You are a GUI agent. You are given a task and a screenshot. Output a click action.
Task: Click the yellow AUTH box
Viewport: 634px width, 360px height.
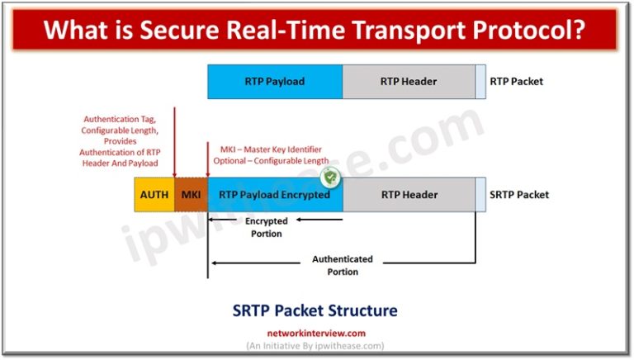tap(154, 195)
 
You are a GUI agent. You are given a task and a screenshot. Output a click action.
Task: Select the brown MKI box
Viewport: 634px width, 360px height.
tap(191, 195)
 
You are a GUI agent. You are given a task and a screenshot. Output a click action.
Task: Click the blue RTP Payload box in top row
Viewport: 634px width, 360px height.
tap(275, 82)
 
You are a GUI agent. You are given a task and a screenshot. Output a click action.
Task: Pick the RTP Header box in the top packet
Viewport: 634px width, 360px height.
tap(409, 82)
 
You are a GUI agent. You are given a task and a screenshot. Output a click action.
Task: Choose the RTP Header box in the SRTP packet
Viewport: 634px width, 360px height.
tap(409, 195)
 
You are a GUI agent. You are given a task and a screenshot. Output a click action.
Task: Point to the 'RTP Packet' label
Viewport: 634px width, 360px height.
tap(516, 82)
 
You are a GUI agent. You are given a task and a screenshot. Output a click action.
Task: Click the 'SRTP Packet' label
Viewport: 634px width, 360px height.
tap(519, 195)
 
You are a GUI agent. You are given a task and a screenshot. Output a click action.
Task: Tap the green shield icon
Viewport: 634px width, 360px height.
tap(330, 176)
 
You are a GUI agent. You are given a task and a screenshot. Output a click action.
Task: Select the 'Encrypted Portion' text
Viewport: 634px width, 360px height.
tap(266, 227)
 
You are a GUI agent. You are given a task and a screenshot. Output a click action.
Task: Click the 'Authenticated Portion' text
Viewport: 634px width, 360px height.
tap(342, 265)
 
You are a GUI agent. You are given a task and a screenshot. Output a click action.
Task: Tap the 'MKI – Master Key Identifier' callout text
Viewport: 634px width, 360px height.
tap(268, 154)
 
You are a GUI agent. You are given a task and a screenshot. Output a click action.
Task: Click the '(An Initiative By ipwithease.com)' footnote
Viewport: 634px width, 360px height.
tap(317, 346)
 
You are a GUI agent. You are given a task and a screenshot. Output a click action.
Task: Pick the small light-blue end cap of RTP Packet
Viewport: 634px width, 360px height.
tap(480, 82)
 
